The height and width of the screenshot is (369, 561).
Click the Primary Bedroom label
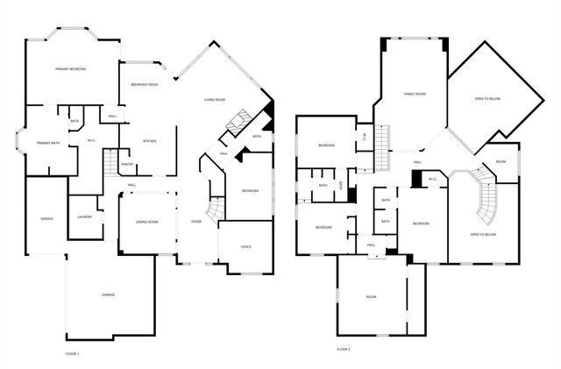coord(70,68)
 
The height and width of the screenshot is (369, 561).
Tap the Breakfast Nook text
coord(144,84)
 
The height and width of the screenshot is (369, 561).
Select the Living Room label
coord(217,100)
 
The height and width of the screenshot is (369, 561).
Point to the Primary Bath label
coord(48,143)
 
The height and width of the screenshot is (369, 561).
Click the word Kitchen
coord(149,141)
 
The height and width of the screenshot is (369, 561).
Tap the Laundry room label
coord(85,216)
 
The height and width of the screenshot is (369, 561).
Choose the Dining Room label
coord(146,222)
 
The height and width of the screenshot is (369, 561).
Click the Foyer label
coord(195,222)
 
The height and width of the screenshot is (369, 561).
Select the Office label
coord(246,247)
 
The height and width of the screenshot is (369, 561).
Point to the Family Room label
coord(415,94)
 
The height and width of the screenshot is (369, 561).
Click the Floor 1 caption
coord(72,353)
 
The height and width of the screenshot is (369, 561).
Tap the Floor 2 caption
coord(343,349)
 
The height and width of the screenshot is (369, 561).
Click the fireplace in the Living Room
coord(238,123)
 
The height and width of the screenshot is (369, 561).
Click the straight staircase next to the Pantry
coord(110,164)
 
